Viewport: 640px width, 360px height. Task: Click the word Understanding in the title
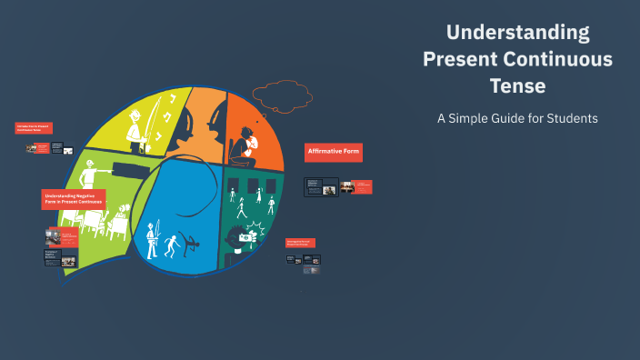pos(517,34)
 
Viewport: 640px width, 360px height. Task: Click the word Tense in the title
pos(517,86)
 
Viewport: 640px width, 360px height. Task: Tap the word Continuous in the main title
pos(566,60)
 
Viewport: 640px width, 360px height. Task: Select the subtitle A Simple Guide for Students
pos(517,118)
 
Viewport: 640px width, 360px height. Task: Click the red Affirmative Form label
pos(333,152)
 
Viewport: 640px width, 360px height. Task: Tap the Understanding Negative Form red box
pos(73,199)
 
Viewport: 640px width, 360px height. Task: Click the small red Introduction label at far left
pos(34,128)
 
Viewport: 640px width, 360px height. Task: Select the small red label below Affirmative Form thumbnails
pos(301,242)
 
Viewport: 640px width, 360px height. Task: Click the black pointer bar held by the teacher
pos(130,167)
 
